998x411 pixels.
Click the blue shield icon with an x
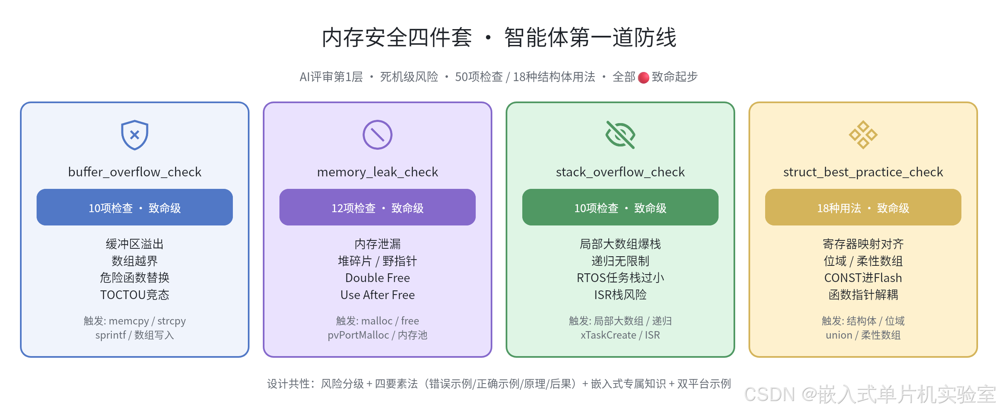point(135,135)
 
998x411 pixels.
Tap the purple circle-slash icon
point(378,135)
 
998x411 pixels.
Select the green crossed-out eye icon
point(620,135)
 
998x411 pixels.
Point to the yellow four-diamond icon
point(863,135)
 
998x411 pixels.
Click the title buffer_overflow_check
point(135,172)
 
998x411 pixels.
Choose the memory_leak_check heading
point(378,172)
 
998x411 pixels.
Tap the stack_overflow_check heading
point(620,172)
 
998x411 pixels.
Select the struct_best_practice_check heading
point(863,172)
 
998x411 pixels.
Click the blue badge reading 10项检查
point(135,207)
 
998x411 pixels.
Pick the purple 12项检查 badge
point(378,207)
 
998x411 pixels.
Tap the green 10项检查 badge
point(620,207)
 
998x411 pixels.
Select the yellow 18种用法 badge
point(863,207)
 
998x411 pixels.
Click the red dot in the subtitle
point(644,78)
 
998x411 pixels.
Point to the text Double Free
point(378,278)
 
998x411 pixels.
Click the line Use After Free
point(378,295)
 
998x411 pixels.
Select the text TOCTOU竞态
point(135,295)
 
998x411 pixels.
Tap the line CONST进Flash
point(863,278)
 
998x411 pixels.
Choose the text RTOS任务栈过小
point(620,278)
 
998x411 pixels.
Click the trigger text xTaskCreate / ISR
point(620,335)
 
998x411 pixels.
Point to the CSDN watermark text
point(870,394)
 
